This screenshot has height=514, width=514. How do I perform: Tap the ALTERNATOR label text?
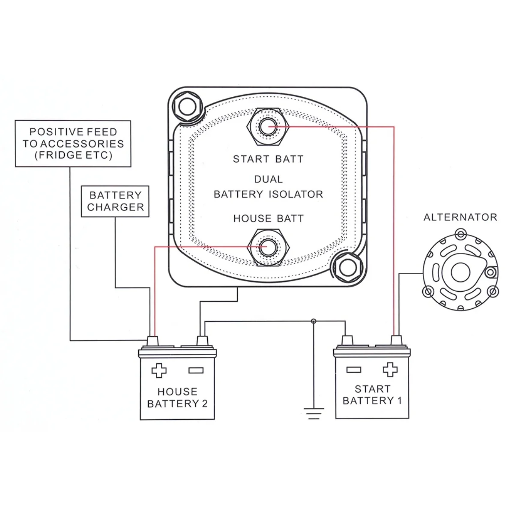click(460, 218)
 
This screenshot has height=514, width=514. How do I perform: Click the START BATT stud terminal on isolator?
click(268, 127)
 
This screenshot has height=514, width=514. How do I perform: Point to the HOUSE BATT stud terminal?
click(268, 247)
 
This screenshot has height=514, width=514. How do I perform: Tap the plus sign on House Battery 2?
click(159, 371)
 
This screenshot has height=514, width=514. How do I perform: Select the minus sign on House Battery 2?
click(196, 371)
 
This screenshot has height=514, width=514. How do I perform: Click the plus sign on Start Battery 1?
click(390, 369)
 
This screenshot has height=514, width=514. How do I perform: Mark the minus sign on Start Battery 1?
click(354, 370)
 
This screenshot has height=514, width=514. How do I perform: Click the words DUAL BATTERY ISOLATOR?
click(268, 187)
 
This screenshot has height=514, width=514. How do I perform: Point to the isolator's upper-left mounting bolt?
click(187, 107)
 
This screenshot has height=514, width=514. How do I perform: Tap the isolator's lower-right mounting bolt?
click(348, 268)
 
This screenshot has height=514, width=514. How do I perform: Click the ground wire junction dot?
click(314, 321)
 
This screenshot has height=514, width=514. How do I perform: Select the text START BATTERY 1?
click(372, 395)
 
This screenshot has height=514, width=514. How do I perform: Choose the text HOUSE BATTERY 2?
click(177, 397)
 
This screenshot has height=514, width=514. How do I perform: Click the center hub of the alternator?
click(460, 272)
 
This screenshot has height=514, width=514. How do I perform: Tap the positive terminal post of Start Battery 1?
click(396, 341)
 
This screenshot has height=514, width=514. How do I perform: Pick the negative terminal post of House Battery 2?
click(202, 341)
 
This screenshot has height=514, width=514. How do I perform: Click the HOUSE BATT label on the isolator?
click(268, 219)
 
